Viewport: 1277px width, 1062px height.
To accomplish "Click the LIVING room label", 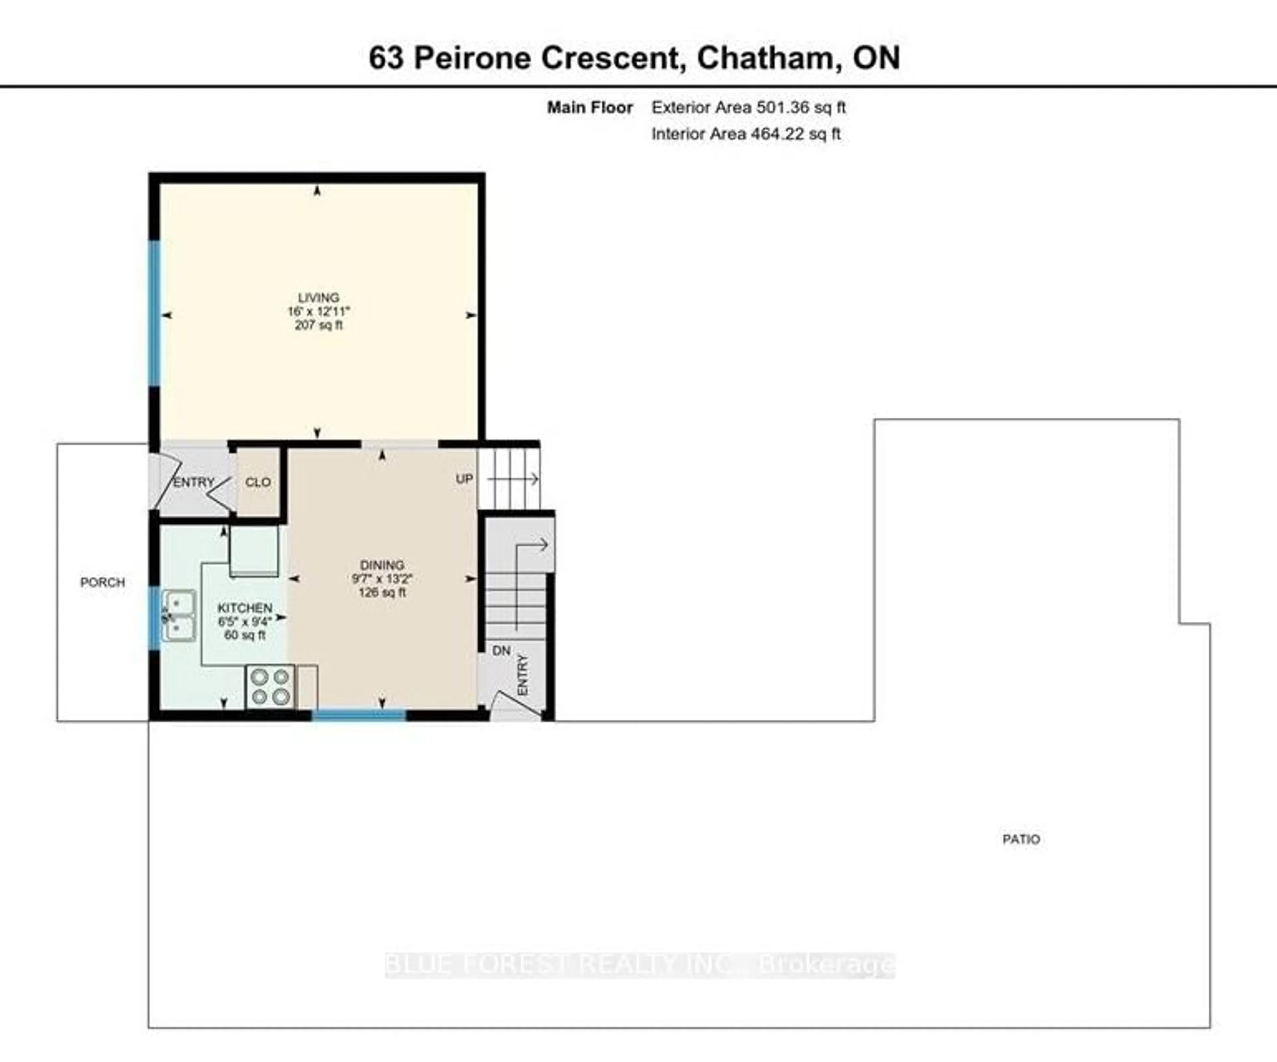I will pos(318,297).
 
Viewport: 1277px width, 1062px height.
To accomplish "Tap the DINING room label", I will pos(381,565).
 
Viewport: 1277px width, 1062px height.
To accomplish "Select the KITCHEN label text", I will pos(244,608).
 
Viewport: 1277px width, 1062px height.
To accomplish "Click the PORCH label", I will pos(102,582).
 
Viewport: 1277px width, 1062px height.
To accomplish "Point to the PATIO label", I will pos(1021,839).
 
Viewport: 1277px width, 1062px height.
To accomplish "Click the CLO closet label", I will pos(258,482).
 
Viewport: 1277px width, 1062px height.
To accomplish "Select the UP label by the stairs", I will pos(464,479).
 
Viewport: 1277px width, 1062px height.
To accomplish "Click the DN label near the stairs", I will pos(501,651).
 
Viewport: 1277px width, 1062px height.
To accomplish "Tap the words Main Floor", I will pos(589,108).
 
